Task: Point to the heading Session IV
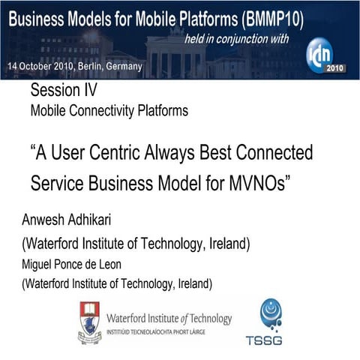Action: (x=63, y=92)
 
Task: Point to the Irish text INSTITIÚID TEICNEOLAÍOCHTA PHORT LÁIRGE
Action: (x=169, y=329)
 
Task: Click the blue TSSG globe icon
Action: (x=269, y=313)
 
